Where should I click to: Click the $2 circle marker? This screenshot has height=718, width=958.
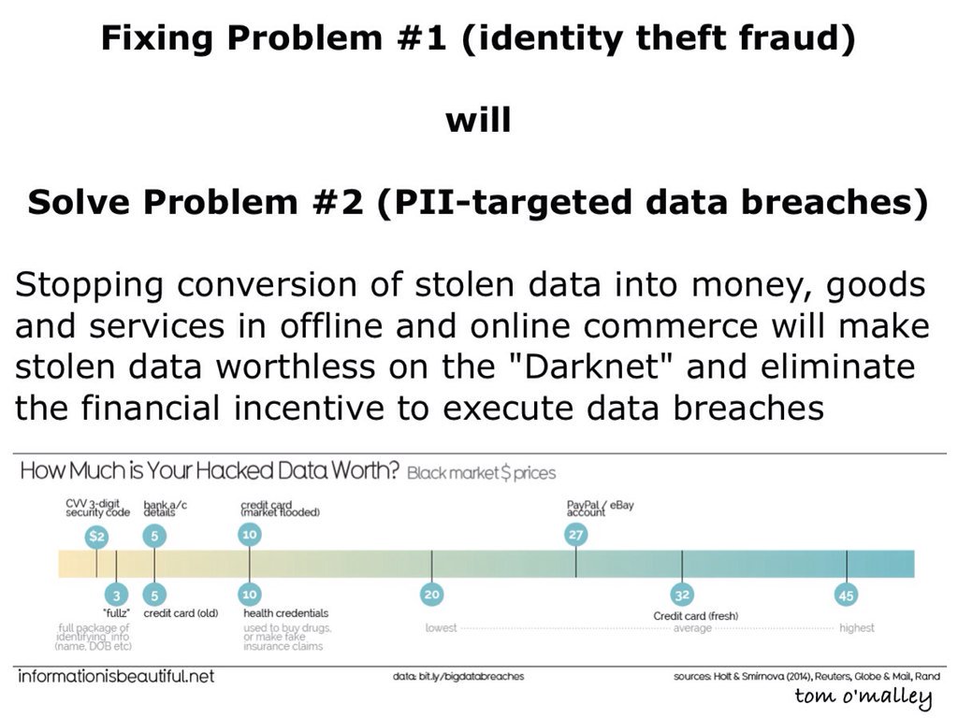click(96, 537)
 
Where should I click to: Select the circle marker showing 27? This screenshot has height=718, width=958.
click(575, 535)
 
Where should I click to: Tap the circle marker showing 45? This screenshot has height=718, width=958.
click(847, 594)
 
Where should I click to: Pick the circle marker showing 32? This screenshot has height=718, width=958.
click(681, 595)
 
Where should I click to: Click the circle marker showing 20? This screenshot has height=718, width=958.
click(431, 595)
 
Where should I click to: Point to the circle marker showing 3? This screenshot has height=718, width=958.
click(116, 595)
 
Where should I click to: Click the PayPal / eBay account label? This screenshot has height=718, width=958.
click(601, 508)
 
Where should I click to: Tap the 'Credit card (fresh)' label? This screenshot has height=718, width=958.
click(695, 616)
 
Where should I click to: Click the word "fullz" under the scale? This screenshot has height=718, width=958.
click(116, 613)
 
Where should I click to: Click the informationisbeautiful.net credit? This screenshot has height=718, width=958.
click(115, 675)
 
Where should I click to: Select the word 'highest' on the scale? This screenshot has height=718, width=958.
click(857, 628)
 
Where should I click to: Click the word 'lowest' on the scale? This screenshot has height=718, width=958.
click(442, 628)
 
